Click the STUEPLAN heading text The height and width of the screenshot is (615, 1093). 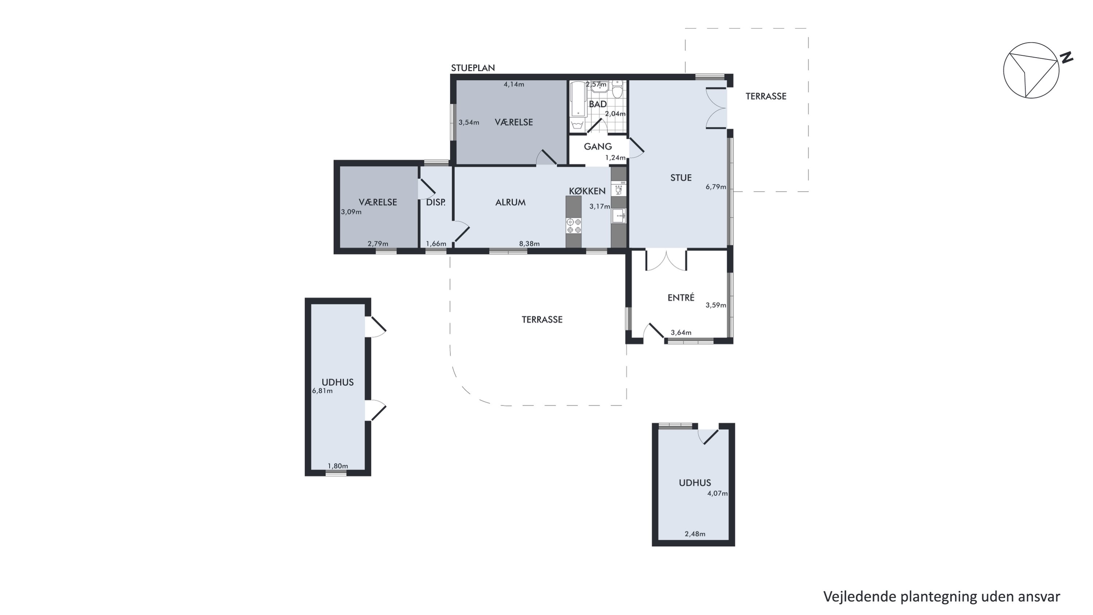pyautogui.click(x=473, y=68)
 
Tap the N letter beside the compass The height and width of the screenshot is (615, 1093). pyautogui.click(x=1067, y=58)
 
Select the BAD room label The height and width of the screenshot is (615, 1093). pyautogui.click(x=598, y=104)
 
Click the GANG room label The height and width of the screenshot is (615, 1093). pyautogui.click(x=598, y=147)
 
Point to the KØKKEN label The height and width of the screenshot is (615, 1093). pyautogui.click(x=587, y=191)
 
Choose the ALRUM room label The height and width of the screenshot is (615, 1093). pyautogui.click(x=510, y=202)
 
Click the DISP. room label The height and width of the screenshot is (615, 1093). pyautogui.click(x=436, y=202)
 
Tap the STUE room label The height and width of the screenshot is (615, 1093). pyautogui.click(x=681, y=178)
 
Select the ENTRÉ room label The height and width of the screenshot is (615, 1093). pyautogui.click(x=681, y=298)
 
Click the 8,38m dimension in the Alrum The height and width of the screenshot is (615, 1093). pyautogui.click(x=529, y=244)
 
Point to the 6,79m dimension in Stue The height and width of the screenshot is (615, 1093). pyautogui.click(x=716, y=187)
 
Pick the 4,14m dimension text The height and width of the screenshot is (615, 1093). pyautogui.click(x=514, y=85)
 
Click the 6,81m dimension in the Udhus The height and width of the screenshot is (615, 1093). pyautogui.click(x=322, y=391)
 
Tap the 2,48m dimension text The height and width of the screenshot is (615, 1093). pyautogui.click(x=695, y=534)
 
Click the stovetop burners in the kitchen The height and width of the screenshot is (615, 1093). pyautogui.click(x=574, y=226)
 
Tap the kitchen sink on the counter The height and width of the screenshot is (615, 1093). pyautogui.click(x=619, y=216)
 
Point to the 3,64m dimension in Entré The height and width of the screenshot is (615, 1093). pyautogui.click(x=681, y=333)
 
